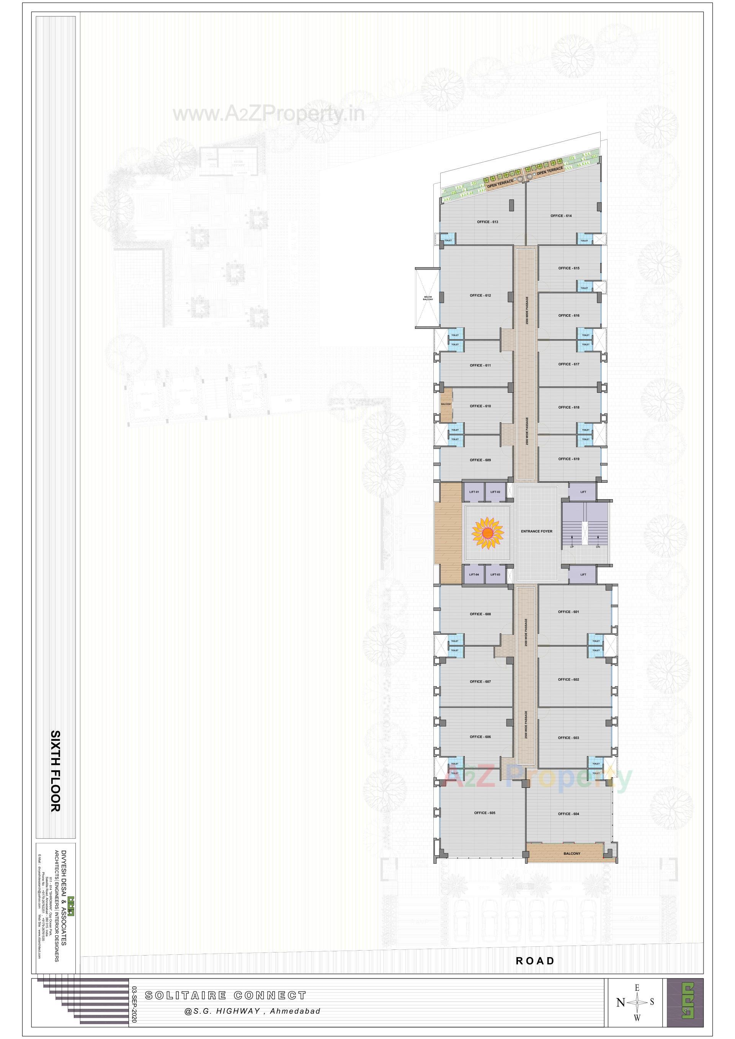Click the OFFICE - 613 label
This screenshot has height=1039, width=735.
pos(487,222)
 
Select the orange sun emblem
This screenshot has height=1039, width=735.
pos(487,533)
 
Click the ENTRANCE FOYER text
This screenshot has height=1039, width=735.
pos(536,531)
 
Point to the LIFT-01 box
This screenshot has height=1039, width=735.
pos(474,492)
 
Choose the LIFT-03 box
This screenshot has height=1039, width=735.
pos(495,575)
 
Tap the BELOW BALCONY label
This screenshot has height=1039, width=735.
pos(428,298)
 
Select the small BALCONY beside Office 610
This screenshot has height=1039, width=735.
pos(446,404)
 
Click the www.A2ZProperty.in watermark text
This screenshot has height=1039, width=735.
pos(268,114)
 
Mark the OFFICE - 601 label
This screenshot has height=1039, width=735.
pos(568,612)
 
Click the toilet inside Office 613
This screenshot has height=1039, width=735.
pos(448,240)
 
